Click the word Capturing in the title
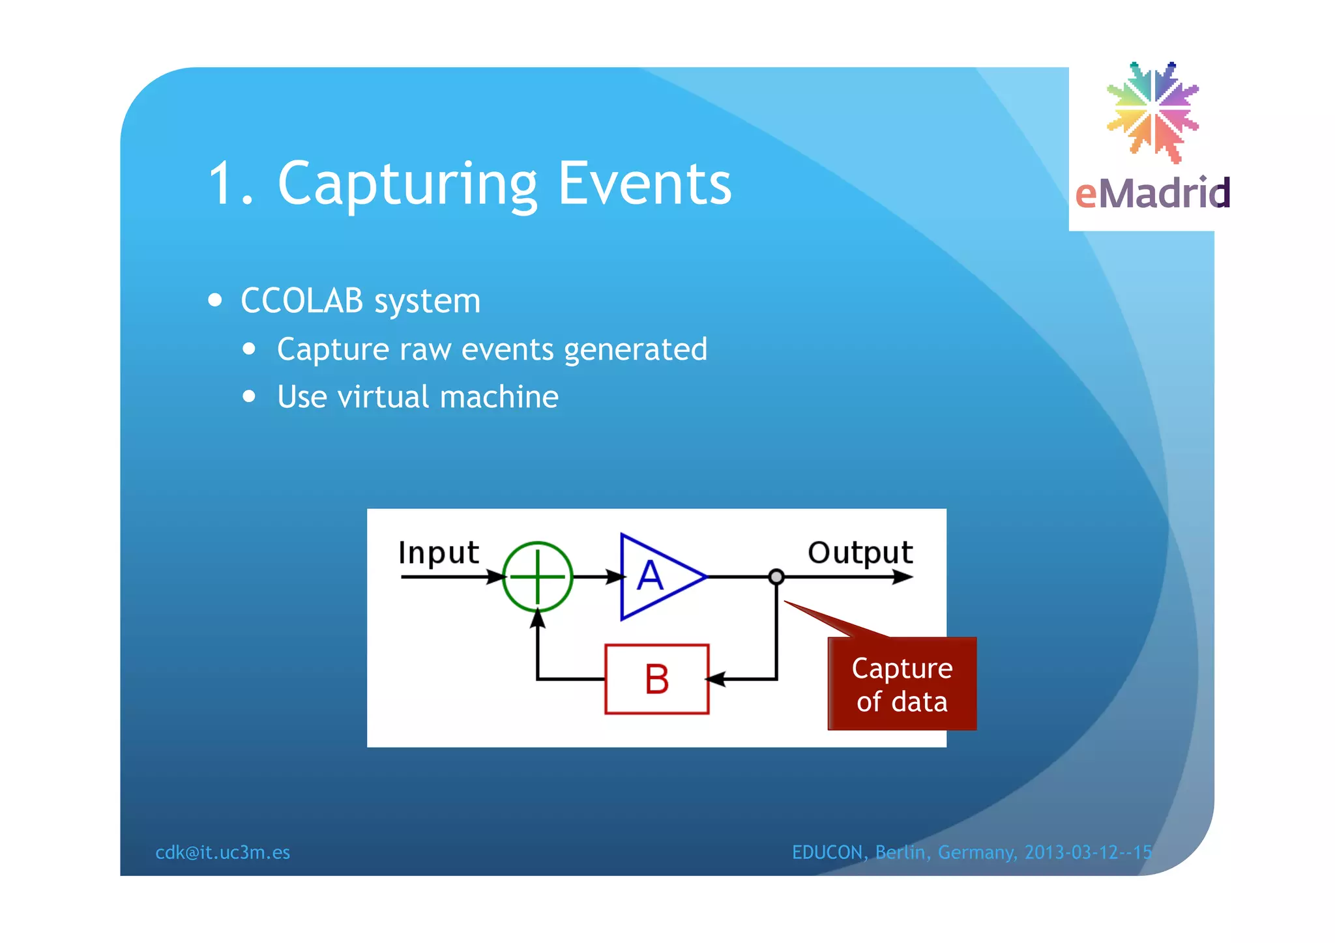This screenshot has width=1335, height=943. tap(407, 184)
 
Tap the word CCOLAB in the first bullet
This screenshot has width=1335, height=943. tap(302, 301)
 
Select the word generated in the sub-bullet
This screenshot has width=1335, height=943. tap(636, 349)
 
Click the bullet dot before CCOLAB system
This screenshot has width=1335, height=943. tap(215, 300)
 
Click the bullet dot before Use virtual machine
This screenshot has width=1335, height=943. tap(249, 396)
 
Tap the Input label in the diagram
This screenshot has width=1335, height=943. tap(438, 553)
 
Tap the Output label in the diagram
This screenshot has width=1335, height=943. tap(860, 553)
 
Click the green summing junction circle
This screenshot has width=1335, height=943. tap(537, 577)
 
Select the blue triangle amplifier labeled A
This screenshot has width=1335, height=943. tap(655, 577)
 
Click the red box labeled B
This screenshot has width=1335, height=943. tap(656, 679)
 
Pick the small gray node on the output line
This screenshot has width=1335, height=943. tap(776, 577)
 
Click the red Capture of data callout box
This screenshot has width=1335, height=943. tap(902, 684)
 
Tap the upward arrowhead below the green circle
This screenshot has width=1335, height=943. tap(537, 619)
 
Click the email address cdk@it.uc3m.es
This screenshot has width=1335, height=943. tap(222, 852)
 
